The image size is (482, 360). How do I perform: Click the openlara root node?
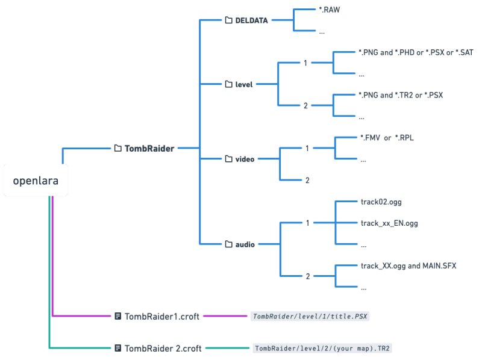[36, 181]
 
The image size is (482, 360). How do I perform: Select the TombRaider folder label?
[149, 149]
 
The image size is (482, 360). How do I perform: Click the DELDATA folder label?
[251, 20]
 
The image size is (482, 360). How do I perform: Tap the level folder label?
[244, 84]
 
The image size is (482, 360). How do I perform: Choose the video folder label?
[245, 159]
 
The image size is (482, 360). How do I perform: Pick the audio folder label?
[245, 244]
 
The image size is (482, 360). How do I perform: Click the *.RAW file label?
[330, 10]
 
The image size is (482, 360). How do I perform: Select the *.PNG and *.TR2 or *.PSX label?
[401, 95]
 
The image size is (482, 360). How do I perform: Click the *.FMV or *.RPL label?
[387, 138]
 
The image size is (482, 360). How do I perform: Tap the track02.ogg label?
[381, 202]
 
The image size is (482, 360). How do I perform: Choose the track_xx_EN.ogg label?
[389, 223]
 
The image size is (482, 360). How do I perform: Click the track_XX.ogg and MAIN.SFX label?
[408, 266]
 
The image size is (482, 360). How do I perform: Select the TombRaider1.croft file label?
[162, 317]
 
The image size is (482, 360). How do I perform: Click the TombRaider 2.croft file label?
[163, 349]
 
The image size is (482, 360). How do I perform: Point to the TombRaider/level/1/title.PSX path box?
[310, 317]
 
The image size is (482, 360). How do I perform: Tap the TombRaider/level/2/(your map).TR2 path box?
[322, 349]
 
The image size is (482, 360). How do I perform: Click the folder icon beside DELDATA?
[229, 20]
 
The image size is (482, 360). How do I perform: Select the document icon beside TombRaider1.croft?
[117, 316]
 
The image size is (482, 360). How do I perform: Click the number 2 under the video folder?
[307, 181]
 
